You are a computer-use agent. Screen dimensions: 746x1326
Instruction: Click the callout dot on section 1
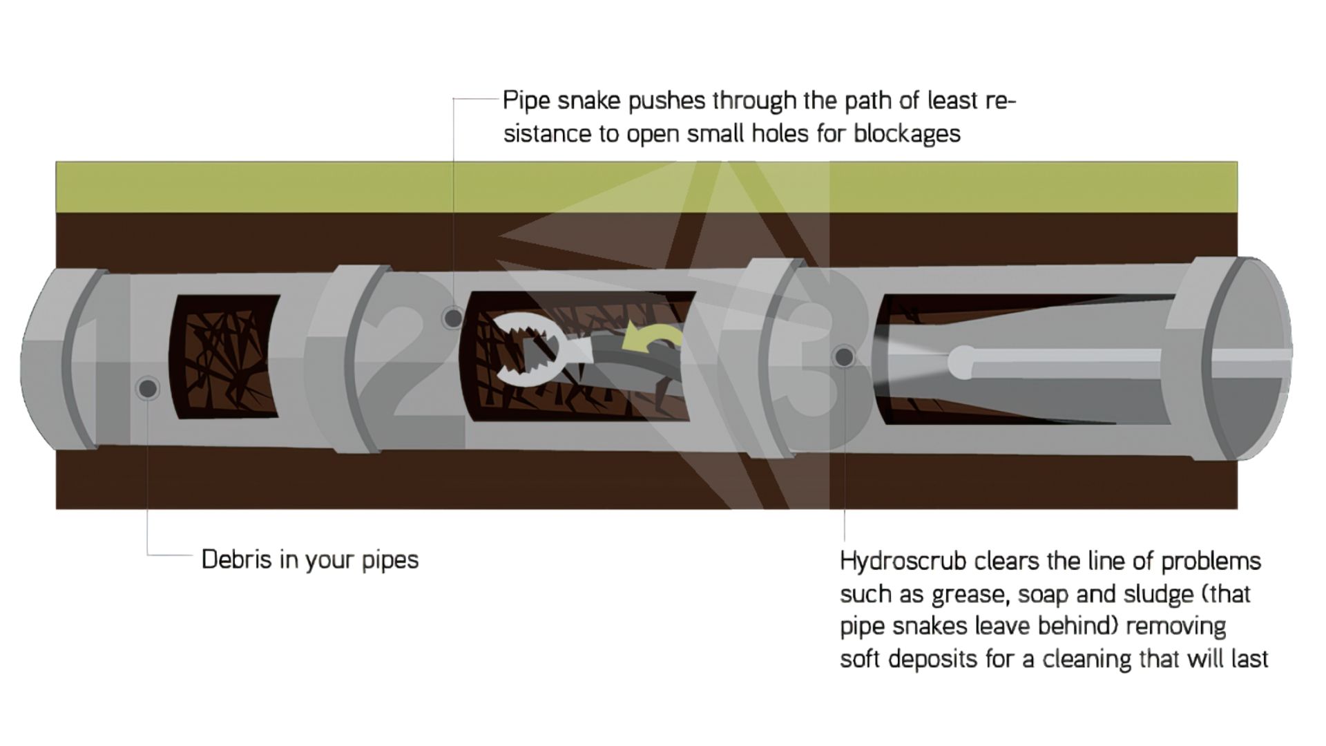(147, 388)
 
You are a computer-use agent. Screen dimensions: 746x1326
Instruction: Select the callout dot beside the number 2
(453, 318)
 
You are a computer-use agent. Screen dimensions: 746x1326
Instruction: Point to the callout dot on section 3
(844, 357)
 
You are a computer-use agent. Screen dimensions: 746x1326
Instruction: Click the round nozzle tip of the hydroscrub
(961, 361)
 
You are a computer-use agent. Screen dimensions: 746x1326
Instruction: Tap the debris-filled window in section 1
(224, 356)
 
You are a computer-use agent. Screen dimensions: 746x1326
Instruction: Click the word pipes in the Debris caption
(390, 560)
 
